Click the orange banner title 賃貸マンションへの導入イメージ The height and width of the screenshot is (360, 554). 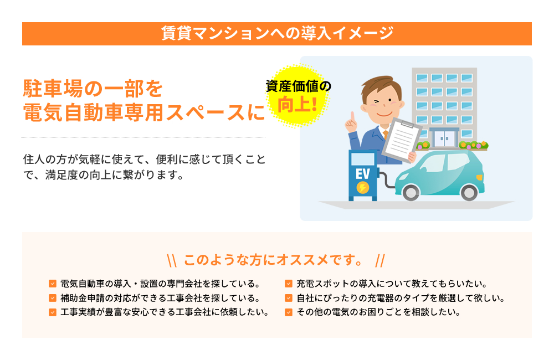click(277, 33)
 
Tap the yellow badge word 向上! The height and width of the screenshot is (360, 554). click(297, 105)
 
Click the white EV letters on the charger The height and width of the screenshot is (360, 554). click(362, 174)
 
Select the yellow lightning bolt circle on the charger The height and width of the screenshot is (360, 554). click(362, 188)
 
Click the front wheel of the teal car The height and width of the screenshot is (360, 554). click(469, 193)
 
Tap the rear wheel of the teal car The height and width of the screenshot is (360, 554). click(411, 193)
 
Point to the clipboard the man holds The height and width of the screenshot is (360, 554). click(401, 139)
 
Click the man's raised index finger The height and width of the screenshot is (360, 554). click(352, 117)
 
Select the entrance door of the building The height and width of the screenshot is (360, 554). click(444, 139)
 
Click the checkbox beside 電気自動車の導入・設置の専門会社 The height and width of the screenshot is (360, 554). click(53, 284)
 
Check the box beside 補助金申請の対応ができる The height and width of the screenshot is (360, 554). click(53, 298)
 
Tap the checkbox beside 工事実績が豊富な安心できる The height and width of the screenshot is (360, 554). click(53, 312)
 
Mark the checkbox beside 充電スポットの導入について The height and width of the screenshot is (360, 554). click(289, 284)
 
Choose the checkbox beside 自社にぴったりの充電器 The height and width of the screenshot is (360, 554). click(289, 298)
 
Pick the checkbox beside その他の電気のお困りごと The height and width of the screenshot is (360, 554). click(289, 312)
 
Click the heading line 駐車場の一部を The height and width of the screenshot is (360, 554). click(93, 88)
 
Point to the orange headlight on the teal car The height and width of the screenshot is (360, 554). click(479, 177)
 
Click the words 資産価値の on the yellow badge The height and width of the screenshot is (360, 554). click(298, 86)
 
